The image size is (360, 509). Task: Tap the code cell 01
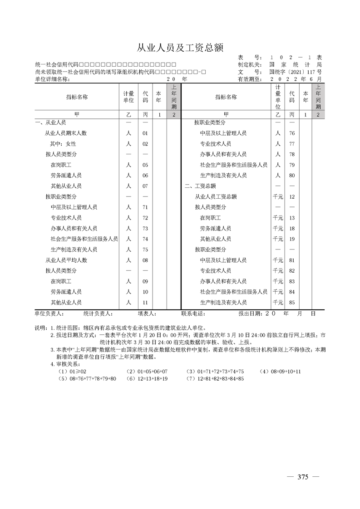coord(145,133)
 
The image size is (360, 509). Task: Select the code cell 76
coord(292,133)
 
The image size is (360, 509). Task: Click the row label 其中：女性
coord(63,144)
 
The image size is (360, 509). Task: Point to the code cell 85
coord(292,302)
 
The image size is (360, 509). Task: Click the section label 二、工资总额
coord(200,186)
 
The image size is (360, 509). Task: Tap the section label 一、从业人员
coord(50,123)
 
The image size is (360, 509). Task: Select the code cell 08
coord(145,260)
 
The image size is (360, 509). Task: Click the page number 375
coord(303,477)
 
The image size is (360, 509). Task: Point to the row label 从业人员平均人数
coord(66,260)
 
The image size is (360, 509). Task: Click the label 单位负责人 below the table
coord(49,313)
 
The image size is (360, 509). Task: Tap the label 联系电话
coord(193,313)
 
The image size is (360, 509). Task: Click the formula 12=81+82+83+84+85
coord(215,378)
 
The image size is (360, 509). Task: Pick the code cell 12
coord(292,196)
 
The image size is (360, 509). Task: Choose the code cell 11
coord(145,302)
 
